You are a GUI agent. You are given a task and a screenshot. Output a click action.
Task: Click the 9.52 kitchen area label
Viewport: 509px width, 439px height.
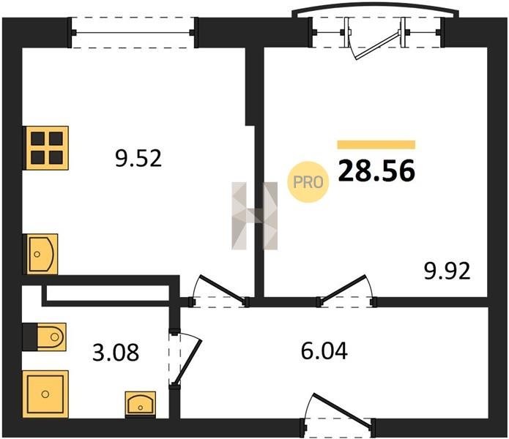pyautogui.click(x=138, y=159)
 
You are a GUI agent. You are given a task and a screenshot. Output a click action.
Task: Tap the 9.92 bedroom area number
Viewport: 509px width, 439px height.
pyautogui.click(x=447, y=271)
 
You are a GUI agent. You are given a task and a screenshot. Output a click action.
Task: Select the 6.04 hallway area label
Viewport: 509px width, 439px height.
pyautogui.click(x=324, y=350)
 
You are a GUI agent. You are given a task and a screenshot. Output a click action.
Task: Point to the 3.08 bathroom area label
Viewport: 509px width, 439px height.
pyautogui.click(x=116, y=353)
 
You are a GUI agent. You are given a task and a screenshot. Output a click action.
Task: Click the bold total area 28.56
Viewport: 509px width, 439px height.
pyautogui.click(x=376, y=170)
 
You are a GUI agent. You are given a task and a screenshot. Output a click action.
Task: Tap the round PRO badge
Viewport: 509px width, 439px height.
pyautogui.click(x=308, y=182)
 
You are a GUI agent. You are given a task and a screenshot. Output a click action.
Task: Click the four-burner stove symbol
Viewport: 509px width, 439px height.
pyautogui.click(x=47, y=148)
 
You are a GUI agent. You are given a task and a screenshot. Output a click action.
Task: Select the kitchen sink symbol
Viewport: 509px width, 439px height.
pyautogui.click(x=42, y=254)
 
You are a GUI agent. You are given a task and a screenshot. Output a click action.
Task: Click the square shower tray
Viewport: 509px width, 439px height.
pyautogui.click(x=45, y=394)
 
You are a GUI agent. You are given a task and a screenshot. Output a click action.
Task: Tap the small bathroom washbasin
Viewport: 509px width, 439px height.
pyautogui.click(x=140, y=404)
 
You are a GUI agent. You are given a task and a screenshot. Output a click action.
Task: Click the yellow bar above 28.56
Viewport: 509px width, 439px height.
pyautogui.click(x=376, y=145)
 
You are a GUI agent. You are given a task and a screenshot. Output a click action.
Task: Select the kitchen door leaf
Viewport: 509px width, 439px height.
pyautogui.click(x=223, y=289)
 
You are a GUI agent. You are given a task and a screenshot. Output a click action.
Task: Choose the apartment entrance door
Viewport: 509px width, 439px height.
pyautogui.click(x=343, y=410)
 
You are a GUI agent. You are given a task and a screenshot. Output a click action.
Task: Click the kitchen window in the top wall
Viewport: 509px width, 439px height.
pyautogui.click(x=133, y=33)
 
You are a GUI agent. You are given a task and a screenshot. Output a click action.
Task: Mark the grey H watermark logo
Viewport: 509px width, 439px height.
pyautogui.click(x=255, y=216)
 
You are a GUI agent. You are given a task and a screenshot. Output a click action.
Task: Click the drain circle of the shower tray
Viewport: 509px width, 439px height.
pyautogui.click(x=45, y=394)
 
